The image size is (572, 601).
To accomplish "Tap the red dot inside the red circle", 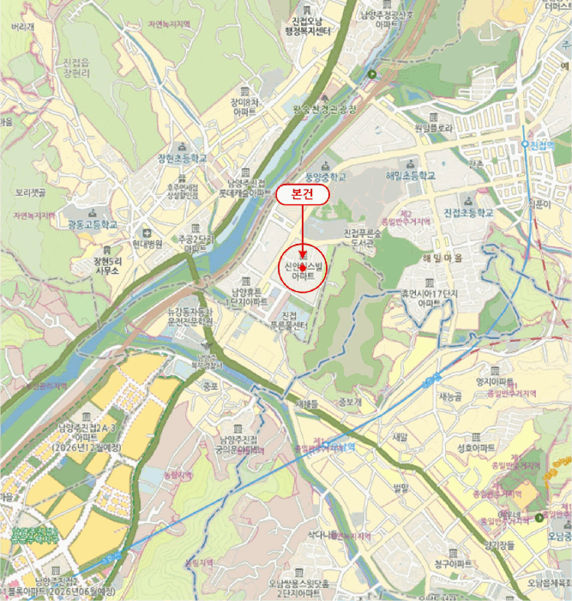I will coord(303,269).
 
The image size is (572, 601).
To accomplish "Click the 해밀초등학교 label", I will coord(411,175).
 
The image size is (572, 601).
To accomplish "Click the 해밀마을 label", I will coord(443,258).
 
